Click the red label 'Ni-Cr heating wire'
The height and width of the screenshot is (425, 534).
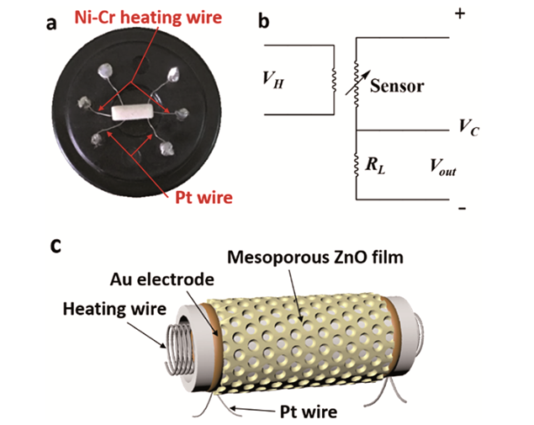pyautogui.click(x=148, y=18)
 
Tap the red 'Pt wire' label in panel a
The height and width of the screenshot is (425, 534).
pyautogui.click(x=204, y=198)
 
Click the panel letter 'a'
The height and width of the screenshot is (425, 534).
pyautogui.click(x=51, y=24)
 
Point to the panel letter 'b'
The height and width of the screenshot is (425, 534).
pyautogui.click(x=263, y=21)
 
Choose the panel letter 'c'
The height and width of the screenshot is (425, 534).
pyautogui.click(x=56, y=246)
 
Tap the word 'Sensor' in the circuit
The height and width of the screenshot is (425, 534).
pyautogui.click(x=397, y=86)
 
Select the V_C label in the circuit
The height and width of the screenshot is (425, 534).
pyautogui.click(x=469, y=127)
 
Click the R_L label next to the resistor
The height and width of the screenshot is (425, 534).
pyautogui.click(x=375, y=165)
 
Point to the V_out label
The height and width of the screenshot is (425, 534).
pyautogui.click(x=442, y=167)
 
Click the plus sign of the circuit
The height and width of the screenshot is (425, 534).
pyautogui.click(x=460, y=13)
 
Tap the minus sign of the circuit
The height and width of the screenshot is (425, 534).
pyautogui.click(x=462, y=208)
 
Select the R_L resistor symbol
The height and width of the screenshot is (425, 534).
pyautogui.click(x=357, y=167)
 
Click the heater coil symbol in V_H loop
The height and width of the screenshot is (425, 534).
pyautogui.click(x=334, y=81)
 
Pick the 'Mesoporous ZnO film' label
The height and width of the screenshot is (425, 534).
pyautogui.click(x=315, y=258)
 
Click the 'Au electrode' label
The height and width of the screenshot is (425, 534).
pyautogui.click(x=162, y=279)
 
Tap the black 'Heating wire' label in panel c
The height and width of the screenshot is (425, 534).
pyautogui.click(x=114, y=309)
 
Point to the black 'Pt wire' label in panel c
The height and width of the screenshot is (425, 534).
pyautogui.click(x=309, y=412)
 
